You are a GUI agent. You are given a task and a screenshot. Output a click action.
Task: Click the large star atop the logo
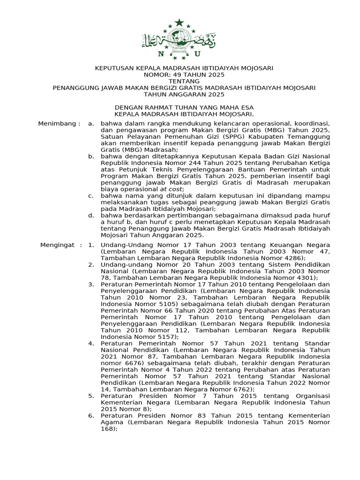[x=179, y=22]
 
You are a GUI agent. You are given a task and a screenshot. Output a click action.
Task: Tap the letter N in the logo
[x=161, y=54]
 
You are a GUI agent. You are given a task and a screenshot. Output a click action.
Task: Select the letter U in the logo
[x=197, y=54]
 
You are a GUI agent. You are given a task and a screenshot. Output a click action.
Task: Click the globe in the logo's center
[x=179, y=39]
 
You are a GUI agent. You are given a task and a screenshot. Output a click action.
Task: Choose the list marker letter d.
[x=91, y=215]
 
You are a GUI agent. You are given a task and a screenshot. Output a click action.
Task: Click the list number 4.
[x=91, y=343]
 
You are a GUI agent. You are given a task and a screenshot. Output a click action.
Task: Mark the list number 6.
[x=91, y=415]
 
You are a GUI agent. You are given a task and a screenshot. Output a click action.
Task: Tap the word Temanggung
[x=308, y=136]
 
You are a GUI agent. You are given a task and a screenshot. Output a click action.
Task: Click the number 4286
[x=293, y=258]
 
